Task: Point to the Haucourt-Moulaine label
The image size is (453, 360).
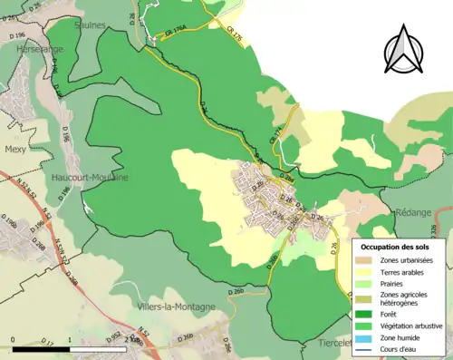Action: [x=89, y=178]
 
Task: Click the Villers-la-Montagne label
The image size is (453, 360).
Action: [x=176, y=306]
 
